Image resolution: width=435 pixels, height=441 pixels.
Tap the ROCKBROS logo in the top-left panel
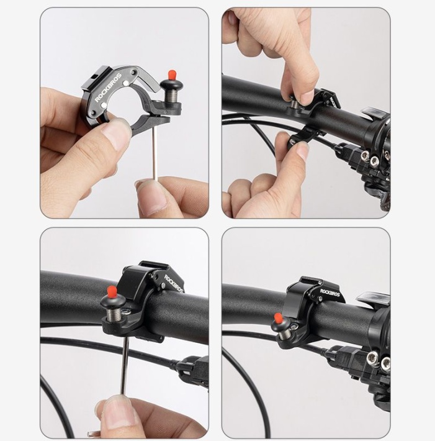(108, 88)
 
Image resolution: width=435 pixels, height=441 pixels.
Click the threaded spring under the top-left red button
(171, 96)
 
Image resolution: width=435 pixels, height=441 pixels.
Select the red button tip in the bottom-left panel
(112, 292)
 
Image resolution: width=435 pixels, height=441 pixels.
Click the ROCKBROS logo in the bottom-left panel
(173, 283)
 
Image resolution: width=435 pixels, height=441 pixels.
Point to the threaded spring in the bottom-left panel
(114, 315)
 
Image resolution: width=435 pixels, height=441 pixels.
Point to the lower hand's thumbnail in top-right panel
(300, 151)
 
